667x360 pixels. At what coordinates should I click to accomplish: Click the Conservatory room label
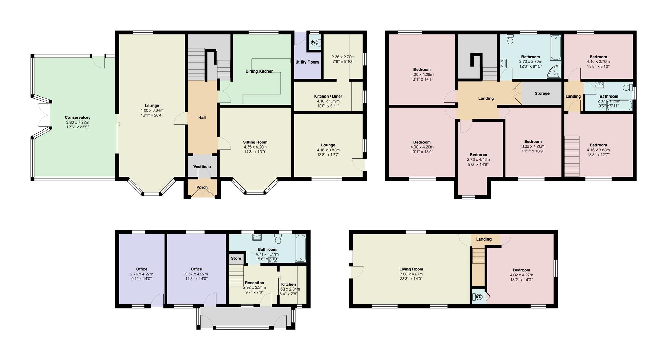pos(77,118)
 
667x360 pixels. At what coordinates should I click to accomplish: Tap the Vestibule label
pos(202,167)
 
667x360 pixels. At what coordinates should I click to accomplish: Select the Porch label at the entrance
pos(202,187)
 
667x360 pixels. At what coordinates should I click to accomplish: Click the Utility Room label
pos(307,62)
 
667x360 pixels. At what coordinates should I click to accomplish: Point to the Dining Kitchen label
pos(260,72)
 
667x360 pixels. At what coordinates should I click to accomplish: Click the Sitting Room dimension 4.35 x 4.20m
pos(255,147)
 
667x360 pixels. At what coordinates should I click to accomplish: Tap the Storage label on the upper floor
pos(542,93)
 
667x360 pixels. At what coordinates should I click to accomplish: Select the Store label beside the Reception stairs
pos(236,258)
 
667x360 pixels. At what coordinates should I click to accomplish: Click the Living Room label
pos(411,269)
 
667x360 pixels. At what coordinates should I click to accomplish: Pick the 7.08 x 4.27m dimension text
pos(411,274)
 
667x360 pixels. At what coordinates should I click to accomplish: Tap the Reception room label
pos(254,283)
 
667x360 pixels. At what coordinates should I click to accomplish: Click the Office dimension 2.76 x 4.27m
pos(141,274)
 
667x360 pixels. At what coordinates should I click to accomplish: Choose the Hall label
pos(202,118)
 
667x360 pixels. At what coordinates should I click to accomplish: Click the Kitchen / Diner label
pos(328,97)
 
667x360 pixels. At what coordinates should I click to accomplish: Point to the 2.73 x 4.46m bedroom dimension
pos(478,160)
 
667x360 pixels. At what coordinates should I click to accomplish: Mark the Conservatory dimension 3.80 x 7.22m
pos(77,122)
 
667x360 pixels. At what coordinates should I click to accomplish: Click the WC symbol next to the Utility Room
pos(315,42)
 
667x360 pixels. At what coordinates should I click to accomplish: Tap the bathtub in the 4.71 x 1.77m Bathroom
pos(300,249)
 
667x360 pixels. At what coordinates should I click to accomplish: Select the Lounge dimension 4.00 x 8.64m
pos(152,110)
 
